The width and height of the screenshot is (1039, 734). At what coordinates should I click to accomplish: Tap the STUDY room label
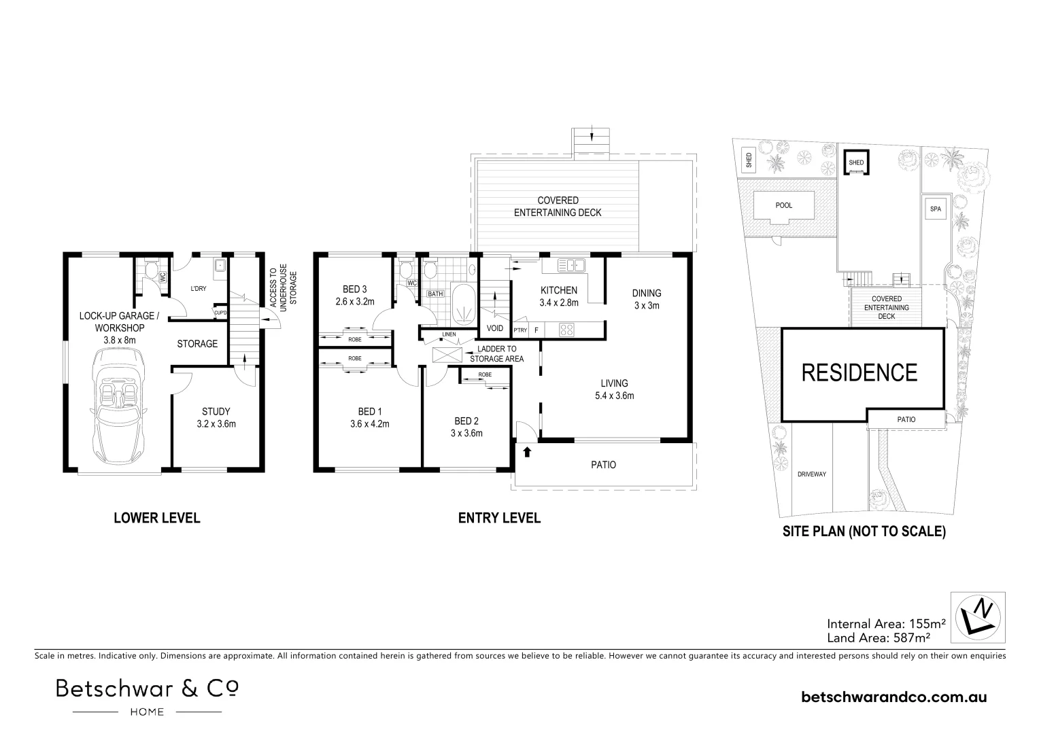[216, 411]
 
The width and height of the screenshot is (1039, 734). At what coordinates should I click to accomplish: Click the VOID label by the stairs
[495, 328]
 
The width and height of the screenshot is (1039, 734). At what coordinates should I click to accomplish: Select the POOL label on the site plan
[783, 205]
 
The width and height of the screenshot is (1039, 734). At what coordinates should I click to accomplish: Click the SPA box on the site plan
[936, 209]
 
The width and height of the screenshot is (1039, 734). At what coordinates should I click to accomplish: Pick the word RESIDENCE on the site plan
[859, 372]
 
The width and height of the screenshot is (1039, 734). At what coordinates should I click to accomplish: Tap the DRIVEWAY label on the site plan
[812, 474]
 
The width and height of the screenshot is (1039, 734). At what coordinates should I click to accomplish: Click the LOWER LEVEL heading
[156, 518]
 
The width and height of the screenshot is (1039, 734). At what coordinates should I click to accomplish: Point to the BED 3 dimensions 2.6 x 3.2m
[355, 302]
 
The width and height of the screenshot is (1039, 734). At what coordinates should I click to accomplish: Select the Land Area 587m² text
[879, 637]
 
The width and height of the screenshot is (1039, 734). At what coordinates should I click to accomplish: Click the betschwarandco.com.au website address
[894, 697]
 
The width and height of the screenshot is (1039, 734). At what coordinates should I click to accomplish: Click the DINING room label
[646, 293]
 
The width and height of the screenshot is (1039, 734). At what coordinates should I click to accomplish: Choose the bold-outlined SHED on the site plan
[855, 162]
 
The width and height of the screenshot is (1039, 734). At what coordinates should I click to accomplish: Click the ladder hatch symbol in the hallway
[447, 355]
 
